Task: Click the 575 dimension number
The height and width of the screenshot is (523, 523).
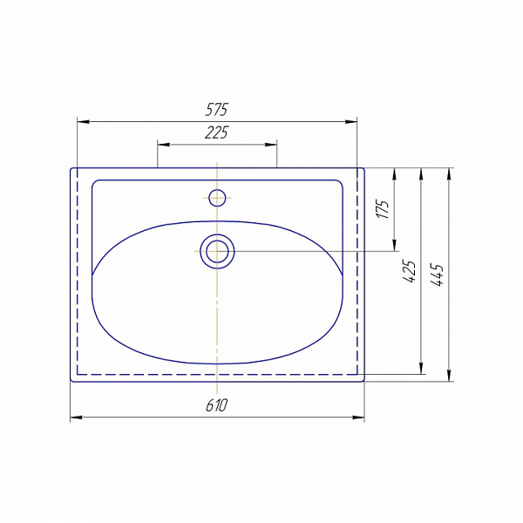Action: pyautogui.click(x=216, y=110)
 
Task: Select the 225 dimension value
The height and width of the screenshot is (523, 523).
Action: pyautogui.click(x=216, y=132)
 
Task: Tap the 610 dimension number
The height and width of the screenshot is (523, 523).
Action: pyautogui.click(x=216, y=405)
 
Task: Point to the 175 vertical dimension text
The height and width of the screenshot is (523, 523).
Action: pyautogui.click(x=383, y=209)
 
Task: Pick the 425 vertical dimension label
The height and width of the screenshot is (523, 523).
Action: pyautogui.click(x=410, y=271)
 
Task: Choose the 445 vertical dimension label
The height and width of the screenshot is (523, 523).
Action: pyautogui.click(x=437, y=275)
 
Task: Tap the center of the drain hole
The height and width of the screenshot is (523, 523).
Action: pyautogui.click(x=217, y=251)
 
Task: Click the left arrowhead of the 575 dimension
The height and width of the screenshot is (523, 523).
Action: pyautogui.click(x=84, y=122)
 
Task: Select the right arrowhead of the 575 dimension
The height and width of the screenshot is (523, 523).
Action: pyautogui.click(x=351, y=122)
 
